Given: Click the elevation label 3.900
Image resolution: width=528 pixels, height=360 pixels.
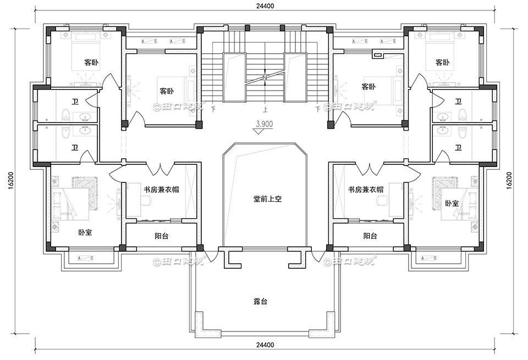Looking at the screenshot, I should [265, 124].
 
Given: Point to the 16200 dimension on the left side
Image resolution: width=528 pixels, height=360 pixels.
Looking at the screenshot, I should [12, 180].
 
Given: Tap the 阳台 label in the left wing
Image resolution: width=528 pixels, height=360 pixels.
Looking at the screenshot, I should [162, 236].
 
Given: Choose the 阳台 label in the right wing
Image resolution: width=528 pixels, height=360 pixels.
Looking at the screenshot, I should [370, 236].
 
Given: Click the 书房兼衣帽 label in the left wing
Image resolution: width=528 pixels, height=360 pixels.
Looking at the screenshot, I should [162, 190].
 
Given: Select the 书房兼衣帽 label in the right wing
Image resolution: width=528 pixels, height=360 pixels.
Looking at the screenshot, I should [366, 190].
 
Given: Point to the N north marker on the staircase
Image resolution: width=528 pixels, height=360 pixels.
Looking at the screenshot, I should [265, 77].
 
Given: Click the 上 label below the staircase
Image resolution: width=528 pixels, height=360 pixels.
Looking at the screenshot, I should [265, 109].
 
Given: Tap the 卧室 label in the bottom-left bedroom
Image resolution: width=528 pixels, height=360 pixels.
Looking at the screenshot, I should [85, 232].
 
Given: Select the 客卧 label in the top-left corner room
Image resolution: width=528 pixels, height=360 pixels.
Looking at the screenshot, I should [91, 62].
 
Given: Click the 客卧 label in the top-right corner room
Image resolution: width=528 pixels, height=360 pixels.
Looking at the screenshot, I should [442, 62].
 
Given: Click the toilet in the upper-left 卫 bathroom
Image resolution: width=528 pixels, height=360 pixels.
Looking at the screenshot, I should [65, 115].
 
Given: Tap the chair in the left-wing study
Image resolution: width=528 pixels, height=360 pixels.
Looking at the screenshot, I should [146, 200].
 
